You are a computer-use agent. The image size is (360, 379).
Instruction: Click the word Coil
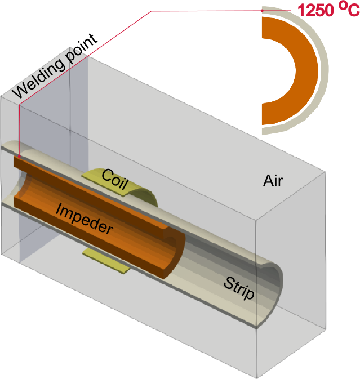coord(116,179)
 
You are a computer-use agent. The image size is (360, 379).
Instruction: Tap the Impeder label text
coord(85,218)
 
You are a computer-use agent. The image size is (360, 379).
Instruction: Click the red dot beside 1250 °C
coord(263,10)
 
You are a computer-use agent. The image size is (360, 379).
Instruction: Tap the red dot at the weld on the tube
coord(19,156)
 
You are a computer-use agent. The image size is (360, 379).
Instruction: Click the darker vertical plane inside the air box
coord(45,113)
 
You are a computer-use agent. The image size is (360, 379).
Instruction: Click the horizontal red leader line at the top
coord(208,10)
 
